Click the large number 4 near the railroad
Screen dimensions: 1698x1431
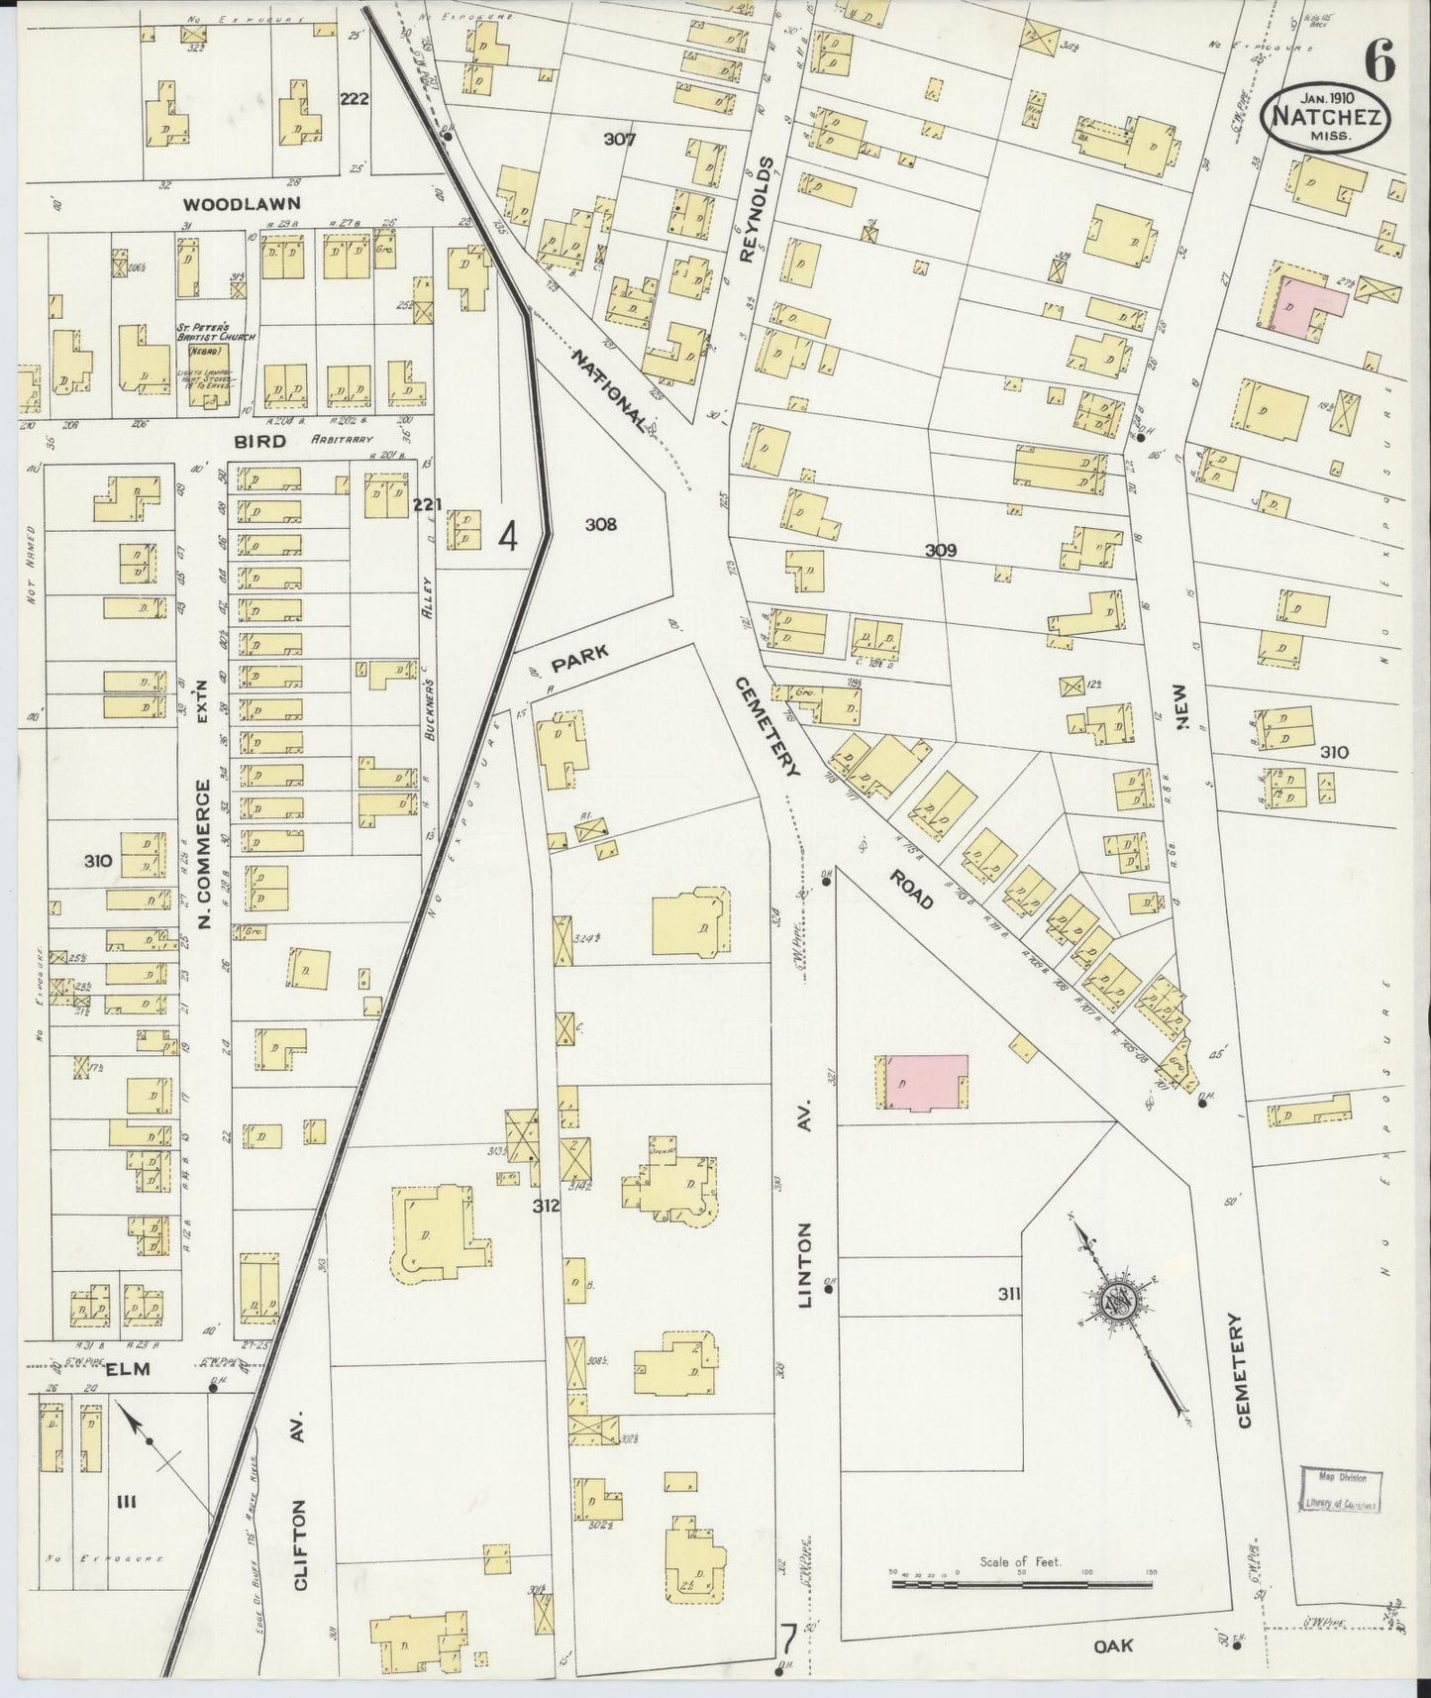pyautogui.click(x=508, y=538)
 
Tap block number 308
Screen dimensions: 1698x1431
pyautogui.click(x=600, y=524)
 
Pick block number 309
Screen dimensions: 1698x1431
pyautogui.click(x=940, y=550)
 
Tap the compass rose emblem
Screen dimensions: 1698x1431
pyautogui.click(x=1119, y=1298)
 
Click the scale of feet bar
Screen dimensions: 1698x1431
pyautogui.click(x=1021, y=1584)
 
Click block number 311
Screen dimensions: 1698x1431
pyautogui.click(x=1009, y=1293)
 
